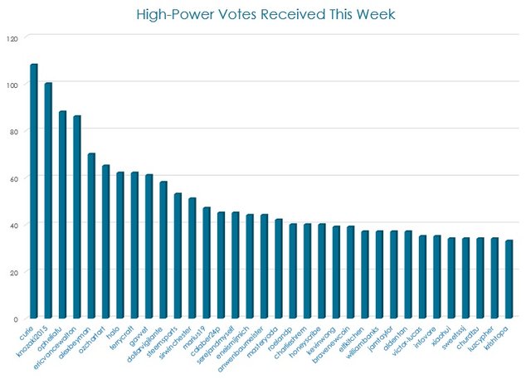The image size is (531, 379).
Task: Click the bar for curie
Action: pos(34,192)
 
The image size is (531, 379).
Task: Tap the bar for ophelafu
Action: pos(62,215)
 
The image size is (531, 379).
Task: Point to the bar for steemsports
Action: pos(178,256)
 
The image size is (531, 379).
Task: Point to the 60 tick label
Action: pos(12,178)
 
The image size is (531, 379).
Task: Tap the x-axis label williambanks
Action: pos(364,343)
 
